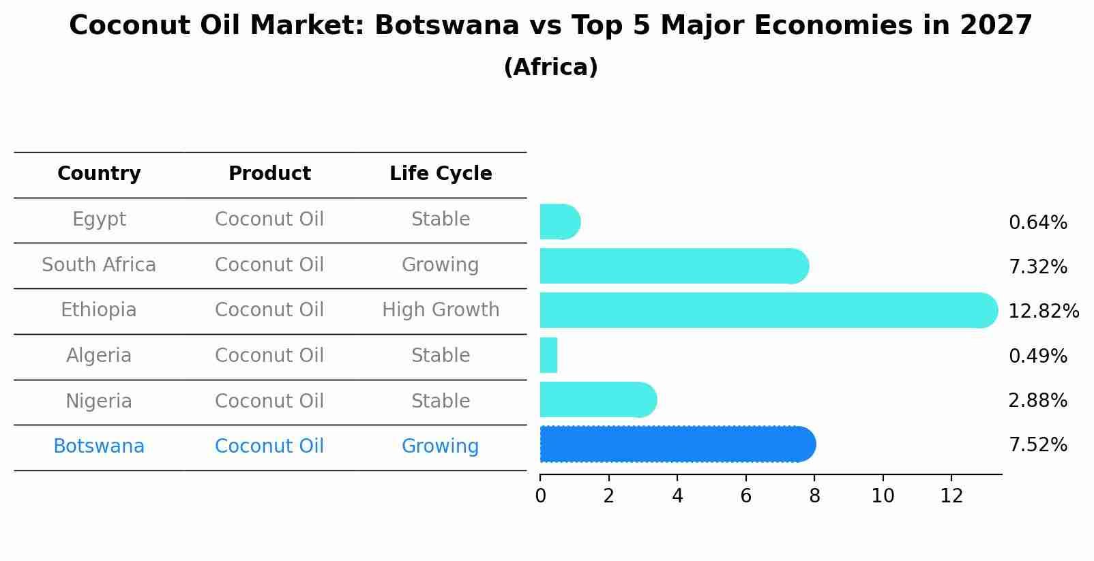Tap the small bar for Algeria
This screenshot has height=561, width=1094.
[548, 355]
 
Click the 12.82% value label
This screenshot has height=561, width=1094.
[1043, 312]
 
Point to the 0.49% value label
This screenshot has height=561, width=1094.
[1037, 356]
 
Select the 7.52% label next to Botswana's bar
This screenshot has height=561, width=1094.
[1037, 445]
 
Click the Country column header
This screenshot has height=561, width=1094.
[99, 174]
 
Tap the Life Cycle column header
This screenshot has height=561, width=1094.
[441, 174]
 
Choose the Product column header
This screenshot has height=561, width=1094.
[269, 174]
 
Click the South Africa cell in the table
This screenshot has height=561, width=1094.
[99, 264]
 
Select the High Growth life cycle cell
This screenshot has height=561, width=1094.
[441, 310]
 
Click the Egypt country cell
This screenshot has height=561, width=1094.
[99, 219]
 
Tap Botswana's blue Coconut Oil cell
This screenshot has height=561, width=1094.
[269, 446]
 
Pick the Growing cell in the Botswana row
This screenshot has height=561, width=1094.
[441, 446]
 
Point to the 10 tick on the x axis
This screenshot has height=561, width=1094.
[883, 496]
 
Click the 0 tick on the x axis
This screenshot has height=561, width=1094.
[540, 496]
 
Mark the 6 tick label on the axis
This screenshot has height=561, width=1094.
[745, 496]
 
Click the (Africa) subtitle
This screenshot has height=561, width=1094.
[550, 67]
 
